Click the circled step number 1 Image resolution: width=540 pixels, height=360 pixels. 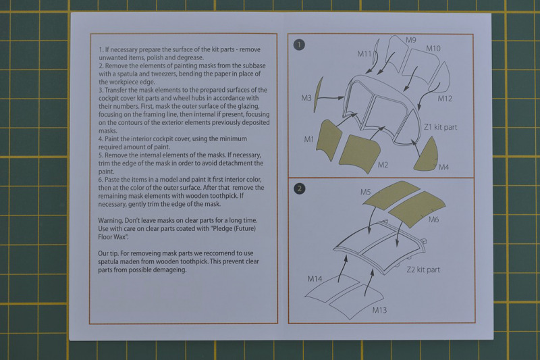299,45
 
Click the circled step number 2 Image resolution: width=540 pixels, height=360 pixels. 299,188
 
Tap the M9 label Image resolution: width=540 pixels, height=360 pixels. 410,40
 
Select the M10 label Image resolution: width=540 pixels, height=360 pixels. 433,49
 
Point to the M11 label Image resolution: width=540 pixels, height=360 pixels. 364,54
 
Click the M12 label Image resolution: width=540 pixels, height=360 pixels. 445,99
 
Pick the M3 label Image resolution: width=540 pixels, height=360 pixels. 306,98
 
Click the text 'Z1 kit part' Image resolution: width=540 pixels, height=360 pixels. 441,127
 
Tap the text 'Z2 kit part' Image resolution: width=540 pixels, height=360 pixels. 423,269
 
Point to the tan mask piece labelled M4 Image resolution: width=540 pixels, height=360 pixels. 427,155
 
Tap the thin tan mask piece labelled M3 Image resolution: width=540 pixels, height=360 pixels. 319,95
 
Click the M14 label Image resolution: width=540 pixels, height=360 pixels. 315,279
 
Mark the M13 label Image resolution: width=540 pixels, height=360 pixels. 379,310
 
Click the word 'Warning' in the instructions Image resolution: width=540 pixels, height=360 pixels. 110,220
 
